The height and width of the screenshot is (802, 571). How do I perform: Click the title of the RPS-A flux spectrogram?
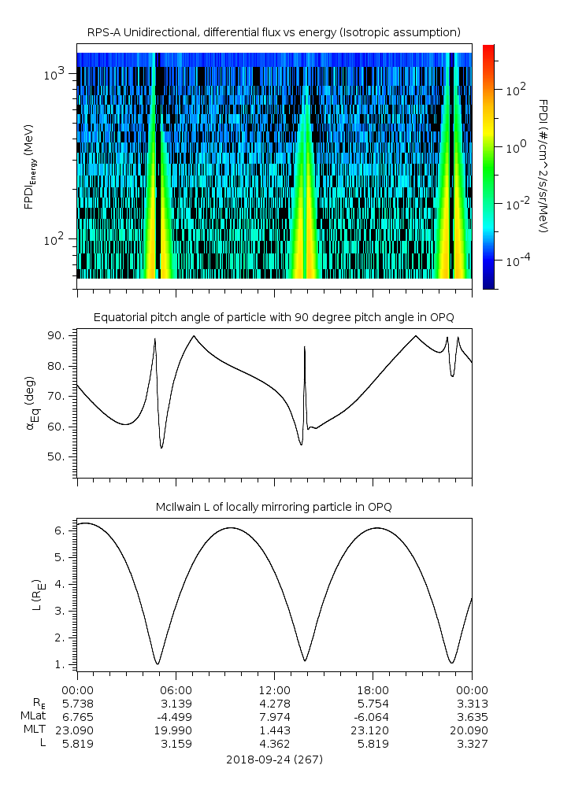(x=273, y=32)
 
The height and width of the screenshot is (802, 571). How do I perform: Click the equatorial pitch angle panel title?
(x=273, y=317)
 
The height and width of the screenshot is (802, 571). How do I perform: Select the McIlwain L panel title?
(x=273, y=507)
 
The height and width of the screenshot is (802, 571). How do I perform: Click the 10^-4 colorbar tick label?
(x=516, y=260)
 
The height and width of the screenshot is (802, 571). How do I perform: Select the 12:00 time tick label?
(x=274, y=689)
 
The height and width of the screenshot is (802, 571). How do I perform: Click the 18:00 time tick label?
(x=373, y=689)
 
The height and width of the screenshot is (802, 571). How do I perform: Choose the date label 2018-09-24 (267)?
(x=273, y=759)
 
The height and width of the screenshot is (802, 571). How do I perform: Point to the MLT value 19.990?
(x=176, y=730)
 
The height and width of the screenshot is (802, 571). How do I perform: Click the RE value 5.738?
(x=77, y=703)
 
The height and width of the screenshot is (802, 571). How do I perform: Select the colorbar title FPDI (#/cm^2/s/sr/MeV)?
(x=543, y=166)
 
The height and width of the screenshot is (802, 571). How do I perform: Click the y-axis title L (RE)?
(x=36, y=597)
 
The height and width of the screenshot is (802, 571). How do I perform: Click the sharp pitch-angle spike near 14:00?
(x=304, y=349)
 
